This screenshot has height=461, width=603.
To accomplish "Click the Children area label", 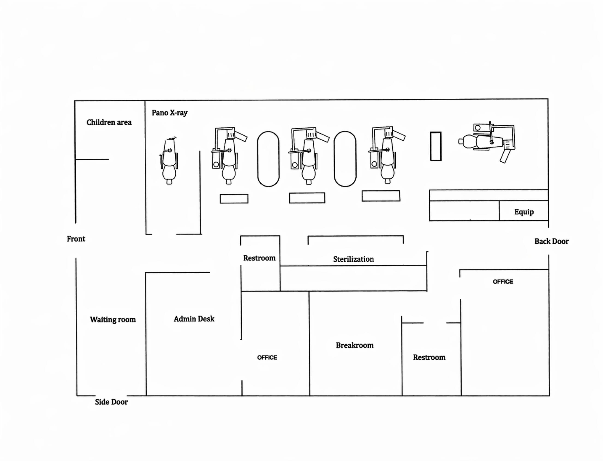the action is click(x=109, y=122).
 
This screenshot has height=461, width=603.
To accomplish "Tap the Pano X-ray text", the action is click(x=170, y=113).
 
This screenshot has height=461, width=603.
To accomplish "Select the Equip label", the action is click(x=524, y=212).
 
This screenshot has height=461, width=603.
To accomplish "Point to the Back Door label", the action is click(x=551, y=242).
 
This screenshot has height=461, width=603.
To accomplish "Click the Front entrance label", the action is click(x=76, y=239).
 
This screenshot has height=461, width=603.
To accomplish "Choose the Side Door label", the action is click(x=111, y=402).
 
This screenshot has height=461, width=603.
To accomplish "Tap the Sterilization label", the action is click(x=353, y=259).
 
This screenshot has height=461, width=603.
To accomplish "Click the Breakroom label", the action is click(x=355, y=345).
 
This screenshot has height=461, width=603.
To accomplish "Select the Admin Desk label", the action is click(x=194, y=319).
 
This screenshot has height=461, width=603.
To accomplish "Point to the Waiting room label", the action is click(x=113, y=320).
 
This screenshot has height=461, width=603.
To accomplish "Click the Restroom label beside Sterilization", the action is click(x=259, y=258).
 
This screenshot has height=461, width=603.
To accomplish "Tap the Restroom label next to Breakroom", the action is click(x=429, y=357).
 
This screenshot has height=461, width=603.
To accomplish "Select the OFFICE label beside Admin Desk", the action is click(x=267, y=358).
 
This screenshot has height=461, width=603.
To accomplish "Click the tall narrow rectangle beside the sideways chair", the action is click(x=436, y=146).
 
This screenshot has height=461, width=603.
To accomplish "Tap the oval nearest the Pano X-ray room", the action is click(x=268, y=159).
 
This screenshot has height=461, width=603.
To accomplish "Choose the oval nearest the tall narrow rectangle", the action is click(x=345, y=159).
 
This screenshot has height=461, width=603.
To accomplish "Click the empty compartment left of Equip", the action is click(x=464, y=210).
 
